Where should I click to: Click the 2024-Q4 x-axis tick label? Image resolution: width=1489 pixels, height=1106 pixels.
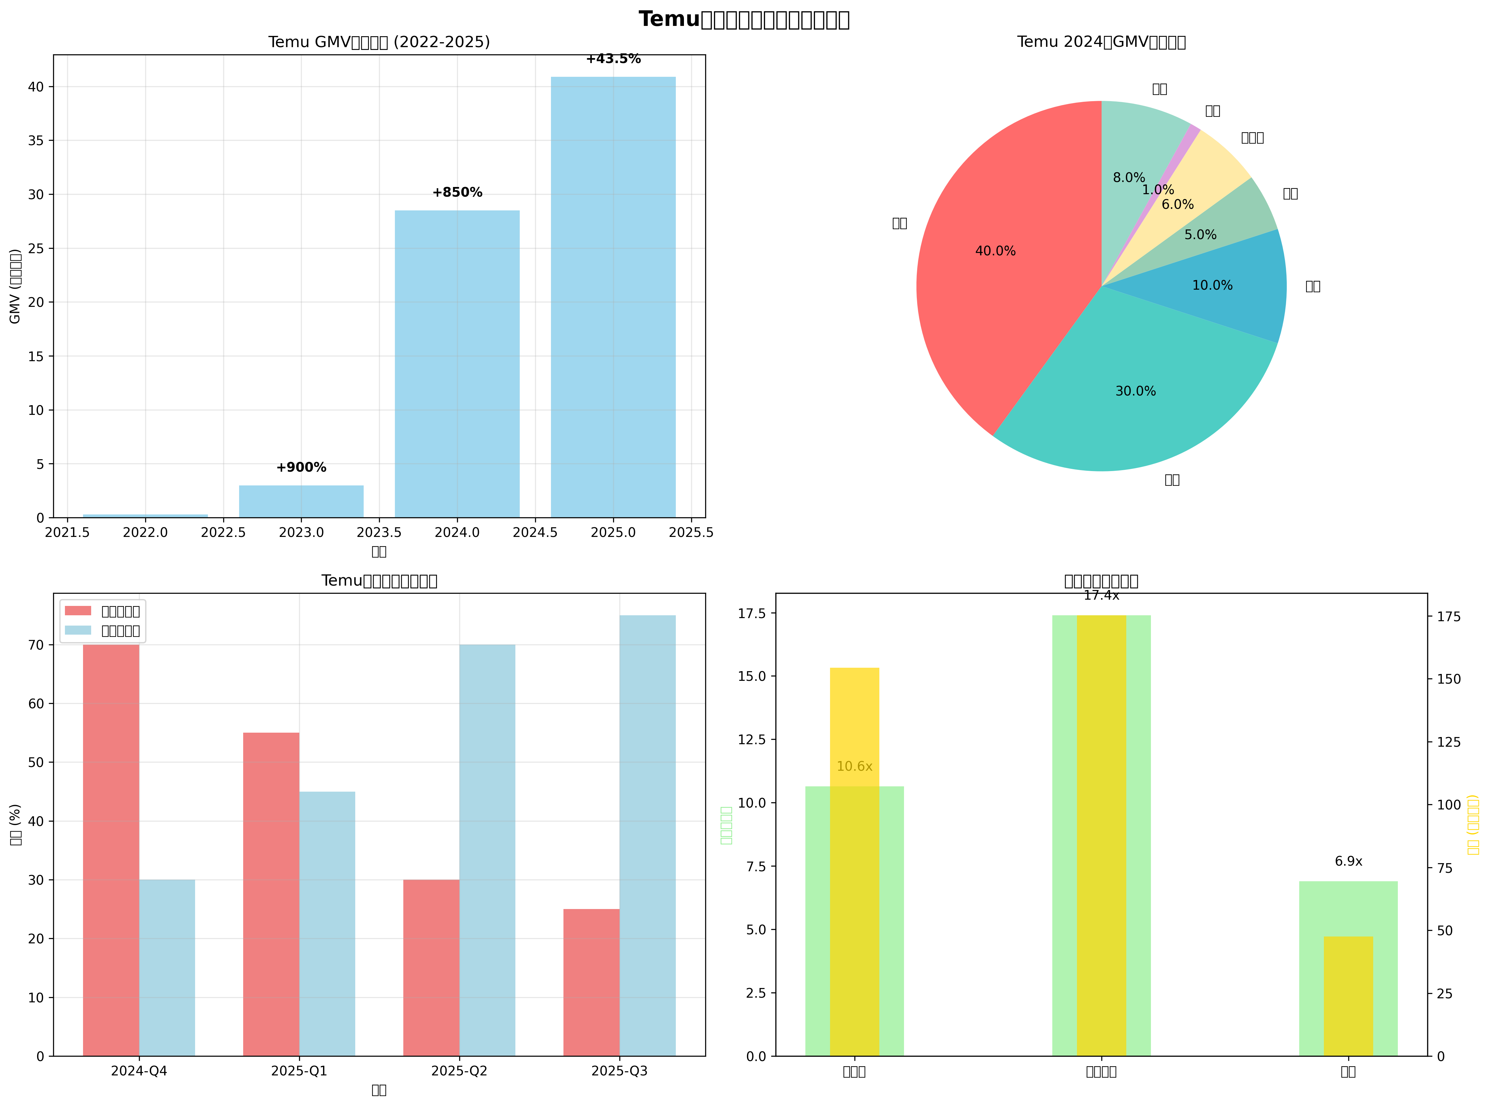point(139,1071)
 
